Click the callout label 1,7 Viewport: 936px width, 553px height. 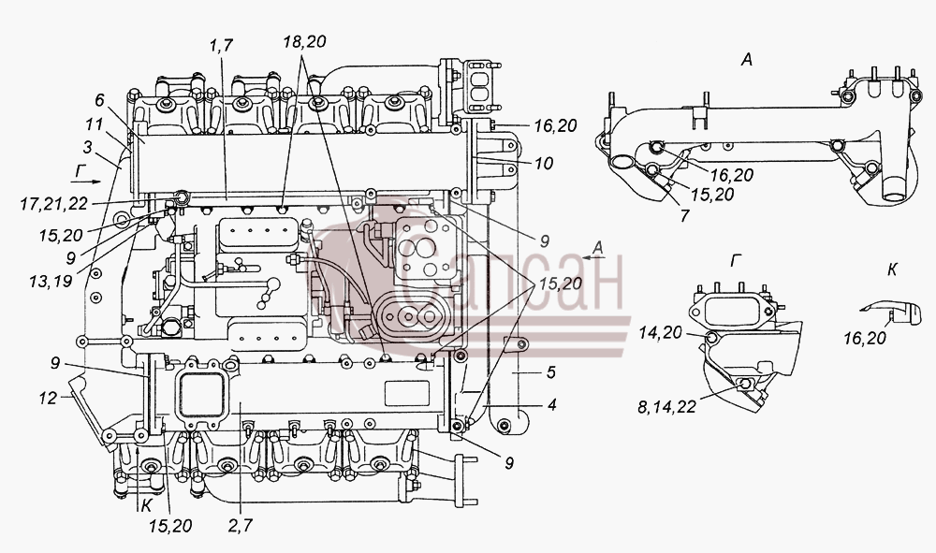click(x=221, y=45)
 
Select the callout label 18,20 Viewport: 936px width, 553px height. click(x=304, y=42)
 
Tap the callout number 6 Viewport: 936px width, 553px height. click(x=100, y=99)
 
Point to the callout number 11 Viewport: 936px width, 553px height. click(x=94, y=124)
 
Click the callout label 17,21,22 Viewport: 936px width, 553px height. click(x=53, y=204)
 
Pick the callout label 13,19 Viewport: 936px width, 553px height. click(x=51, y=281)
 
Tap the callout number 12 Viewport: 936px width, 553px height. click(x=48, y=398)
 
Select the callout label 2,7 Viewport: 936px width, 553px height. click(x=241, y=525)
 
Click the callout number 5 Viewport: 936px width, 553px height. click(x=551, y=372)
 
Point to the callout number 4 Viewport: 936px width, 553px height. click(x=552, y=404)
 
